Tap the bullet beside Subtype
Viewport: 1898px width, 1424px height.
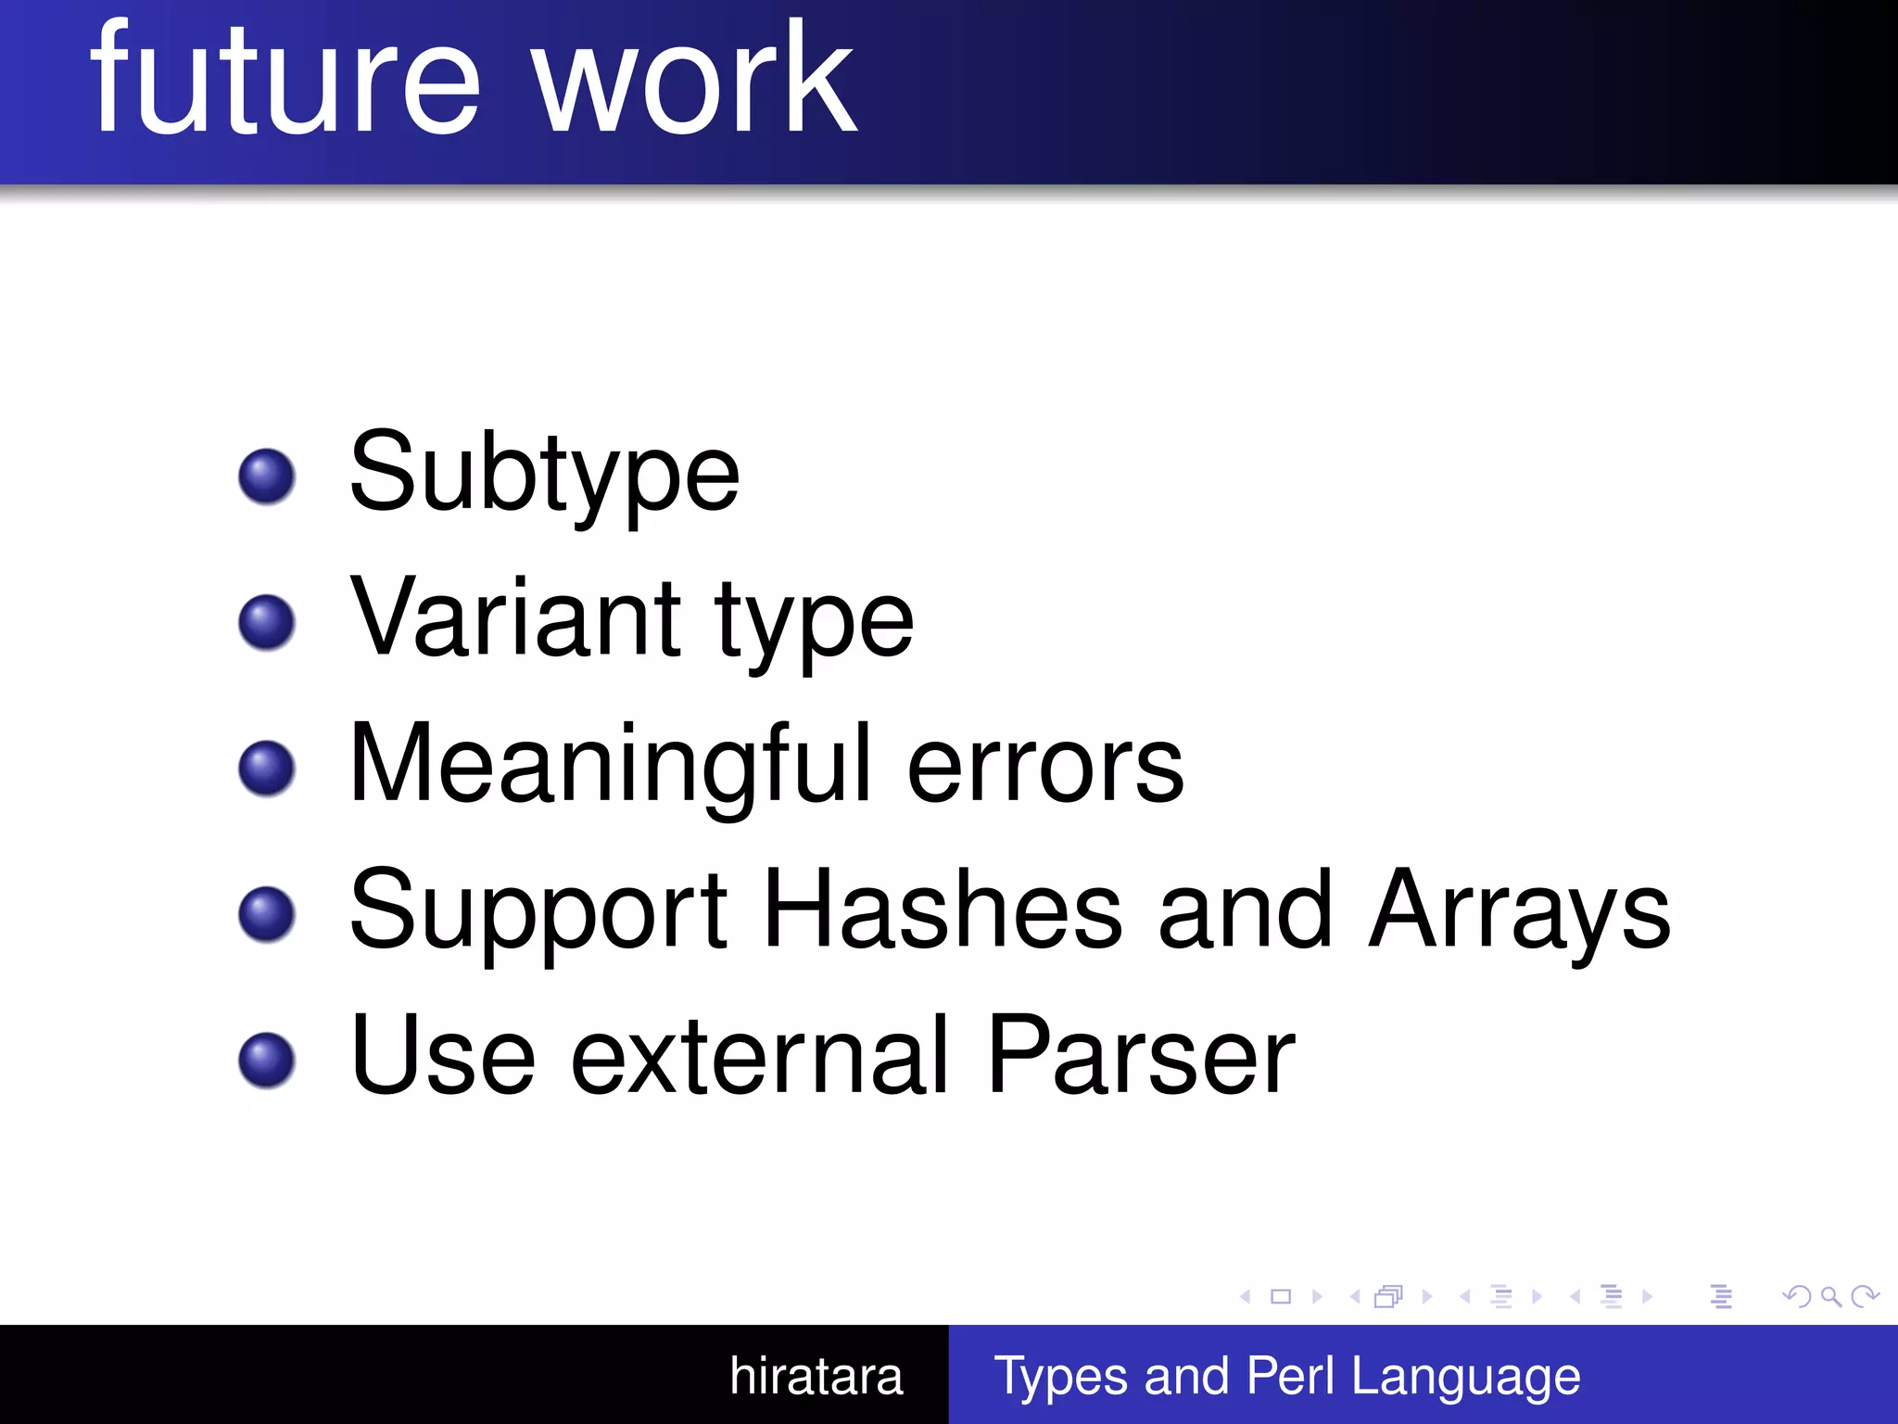267,477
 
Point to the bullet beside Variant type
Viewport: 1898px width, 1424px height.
267,622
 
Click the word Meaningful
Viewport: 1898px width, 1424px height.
610,766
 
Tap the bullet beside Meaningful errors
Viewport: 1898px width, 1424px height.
267,768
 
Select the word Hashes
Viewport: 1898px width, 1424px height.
943,910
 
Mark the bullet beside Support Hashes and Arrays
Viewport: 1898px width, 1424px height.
267,914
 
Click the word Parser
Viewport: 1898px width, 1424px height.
1140,1057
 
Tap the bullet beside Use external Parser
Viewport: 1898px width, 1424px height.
267,1059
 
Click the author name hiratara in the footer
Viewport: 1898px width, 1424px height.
816,1376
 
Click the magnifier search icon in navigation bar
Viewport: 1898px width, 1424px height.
1830,1296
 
